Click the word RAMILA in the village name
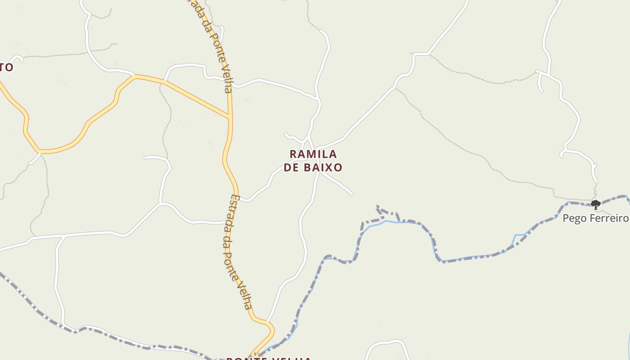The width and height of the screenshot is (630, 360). tap(313, 154)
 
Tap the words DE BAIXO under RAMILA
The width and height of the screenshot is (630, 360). tap(313, 168)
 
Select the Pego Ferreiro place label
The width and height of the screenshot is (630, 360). tap(595, 219)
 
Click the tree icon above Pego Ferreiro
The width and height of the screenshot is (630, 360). tap(595, 205)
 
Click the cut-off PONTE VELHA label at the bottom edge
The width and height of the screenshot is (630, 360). tap(269, 358)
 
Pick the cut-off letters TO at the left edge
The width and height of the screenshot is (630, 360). tap(6, 67)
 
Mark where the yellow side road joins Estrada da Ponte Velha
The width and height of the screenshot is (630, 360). tap(230, 118)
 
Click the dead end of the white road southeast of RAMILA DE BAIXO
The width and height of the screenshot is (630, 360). tap(352, 194)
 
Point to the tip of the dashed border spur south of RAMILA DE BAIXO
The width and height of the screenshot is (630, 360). tap(377, 207)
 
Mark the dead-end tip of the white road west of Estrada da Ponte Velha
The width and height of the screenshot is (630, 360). tap(145, 157)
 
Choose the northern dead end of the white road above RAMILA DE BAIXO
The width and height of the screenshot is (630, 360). tap(321, 31)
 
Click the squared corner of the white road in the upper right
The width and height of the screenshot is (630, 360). tap(414, 54)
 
